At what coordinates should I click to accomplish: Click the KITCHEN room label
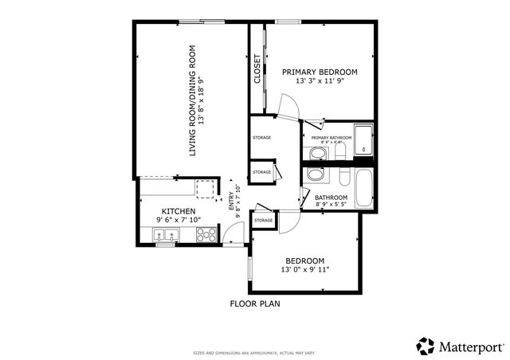[178, 211]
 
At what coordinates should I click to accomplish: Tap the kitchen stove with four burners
[206, 234]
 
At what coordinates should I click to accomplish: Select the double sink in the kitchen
[167, 235]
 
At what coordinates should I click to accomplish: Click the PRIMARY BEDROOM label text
[320, 72]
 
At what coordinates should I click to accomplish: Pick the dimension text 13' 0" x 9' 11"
[305, 270]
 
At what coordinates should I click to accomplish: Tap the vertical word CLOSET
[257, 68]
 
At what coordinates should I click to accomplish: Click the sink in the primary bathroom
[317, 152]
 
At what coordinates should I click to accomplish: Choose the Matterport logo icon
[426, 346]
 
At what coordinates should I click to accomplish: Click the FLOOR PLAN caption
[255, 303]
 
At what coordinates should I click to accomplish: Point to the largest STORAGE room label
[261, 138]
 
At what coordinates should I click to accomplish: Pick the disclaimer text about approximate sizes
[254, 352]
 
